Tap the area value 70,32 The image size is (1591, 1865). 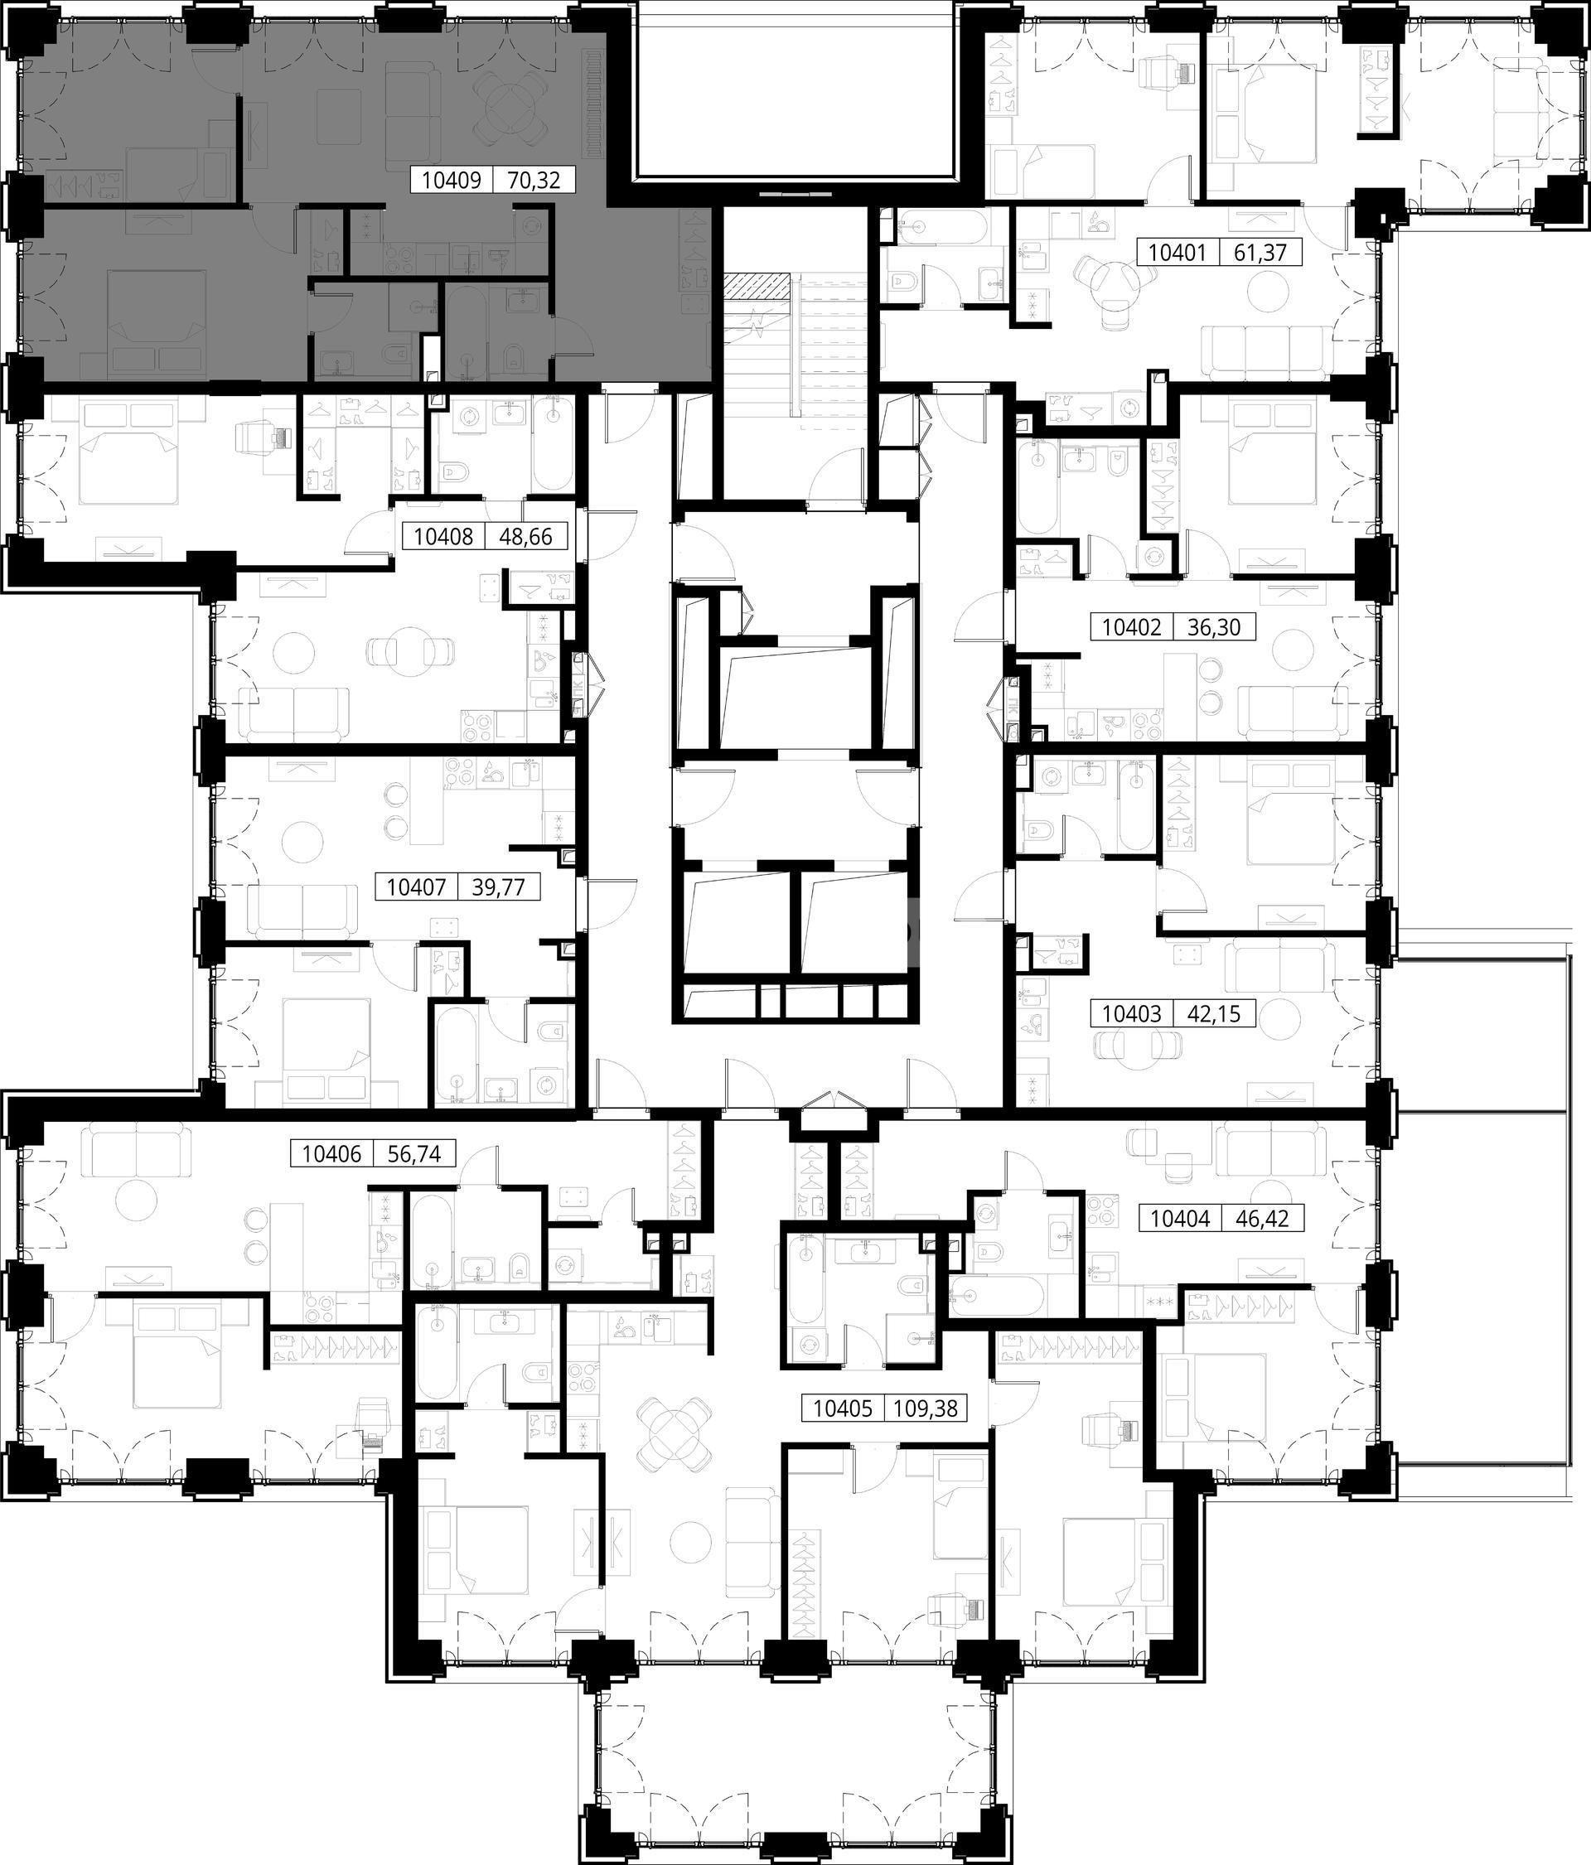coord(534,181)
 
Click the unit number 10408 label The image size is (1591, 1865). coord(443,538)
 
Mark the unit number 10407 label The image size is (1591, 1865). coord(416,887)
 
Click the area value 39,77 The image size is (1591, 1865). coord(499,887)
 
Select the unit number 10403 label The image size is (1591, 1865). coord(1132,1013)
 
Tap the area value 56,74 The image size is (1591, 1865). coord(414,1154)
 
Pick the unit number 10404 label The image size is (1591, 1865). coord(1179,1219)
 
